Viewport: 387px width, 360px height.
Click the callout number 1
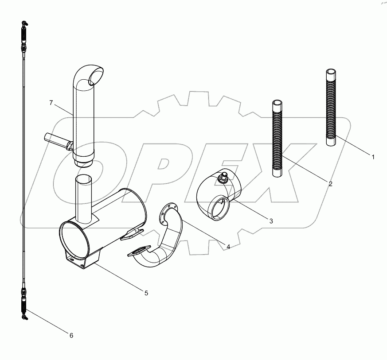[x=373, y=157]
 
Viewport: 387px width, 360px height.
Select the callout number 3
[x=271, y=220]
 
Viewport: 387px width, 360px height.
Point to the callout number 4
[x=228, y=247]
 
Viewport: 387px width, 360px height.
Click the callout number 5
[x=146, y=293]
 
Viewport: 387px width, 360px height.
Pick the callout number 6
[x=71, y=335]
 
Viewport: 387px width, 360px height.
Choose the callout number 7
[x=51, y=103]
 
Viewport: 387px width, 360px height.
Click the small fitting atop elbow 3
[x=223, y=178]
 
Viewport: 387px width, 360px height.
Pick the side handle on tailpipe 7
[x=56, y=141]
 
